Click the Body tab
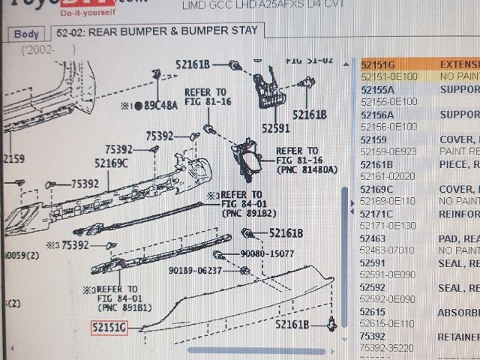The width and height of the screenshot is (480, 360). click(x=26, y=34)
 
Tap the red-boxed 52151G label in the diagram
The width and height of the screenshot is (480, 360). click(x=109, y=328)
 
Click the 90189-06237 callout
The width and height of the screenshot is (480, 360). click(x=195, y=270)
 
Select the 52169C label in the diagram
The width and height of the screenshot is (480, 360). click(x=112, y=163)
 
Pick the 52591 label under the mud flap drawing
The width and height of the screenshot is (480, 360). click(x=275, y=129)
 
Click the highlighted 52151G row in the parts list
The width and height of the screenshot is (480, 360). click(x=378, y=65)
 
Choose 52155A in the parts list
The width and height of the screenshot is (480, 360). click(x=379, y=90)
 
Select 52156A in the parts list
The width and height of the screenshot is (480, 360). click(x=379, y=115)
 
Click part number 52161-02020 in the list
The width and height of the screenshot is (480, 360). click(x=387, y=175)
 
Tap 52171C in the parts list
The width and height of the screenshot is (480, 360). click(x=379, y=214)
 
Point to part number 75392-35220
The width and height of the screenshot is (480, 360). click(x=387, y=348)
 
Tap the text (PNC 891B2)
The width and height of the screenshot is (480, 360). click(x=244, y=213)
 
